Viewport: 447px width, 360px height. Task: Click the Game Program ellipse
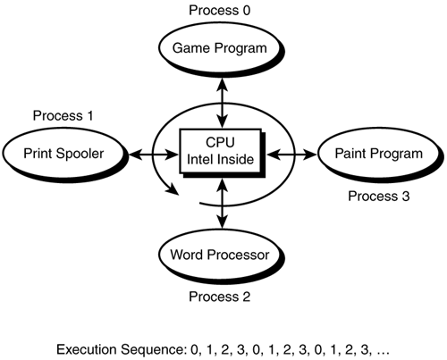pos(221,48)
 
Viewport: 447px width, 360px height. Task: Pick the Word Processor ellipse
pos(221,255)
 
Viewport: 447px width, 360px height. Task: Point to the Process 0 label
pos(221,11)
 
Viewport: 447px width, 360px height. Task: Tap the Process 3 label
pos(379,194)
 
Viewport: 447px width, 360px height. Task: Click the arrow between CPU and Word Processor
pos(221,206)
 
